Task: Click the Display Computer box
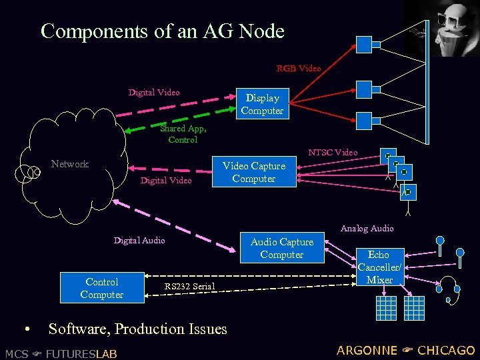[x=262, y=104]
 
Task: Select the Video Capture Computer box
[x=254, y=172]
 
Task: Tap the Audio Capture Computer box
[x=282, y=248]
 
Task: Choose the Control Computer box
[x=102, y=288]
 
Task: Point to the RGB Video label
[x=299, y=68]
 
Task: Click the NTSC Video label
[x=333, y=153]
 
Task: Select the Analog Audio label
[x=367, y=229]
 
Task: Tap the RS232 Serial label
[x=189, y=287]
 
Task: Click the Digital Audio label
[x=139, y=240]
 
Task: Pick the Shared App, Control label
[x=183, y=134]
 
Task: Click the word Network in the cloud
[x=70, y=164]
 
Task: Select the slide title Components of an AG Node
[x=163, y=31]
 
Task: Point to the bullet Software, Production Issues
[x=137, y=329]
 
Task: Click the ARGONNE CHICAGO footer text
[x=405, y=351]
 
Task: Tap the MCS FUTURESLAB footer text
[x=61, y=353]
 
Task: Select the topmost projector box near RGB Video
[x=365, y=45]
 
